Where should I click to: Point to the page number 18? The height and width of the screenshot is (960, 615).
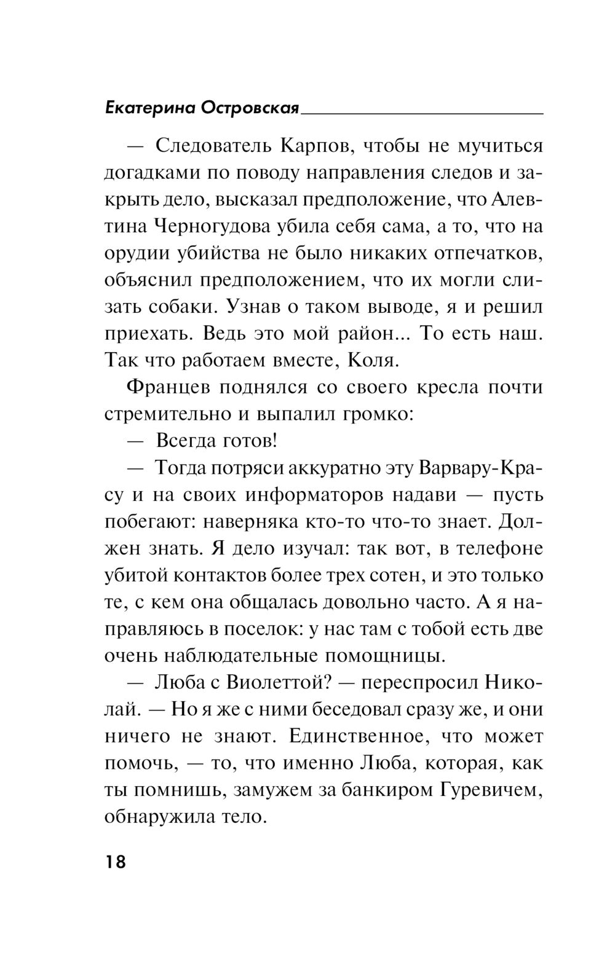[x=115, y=862]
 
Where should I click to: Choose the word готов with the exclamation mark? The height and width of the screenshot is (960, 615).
[x=240, y=441]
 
